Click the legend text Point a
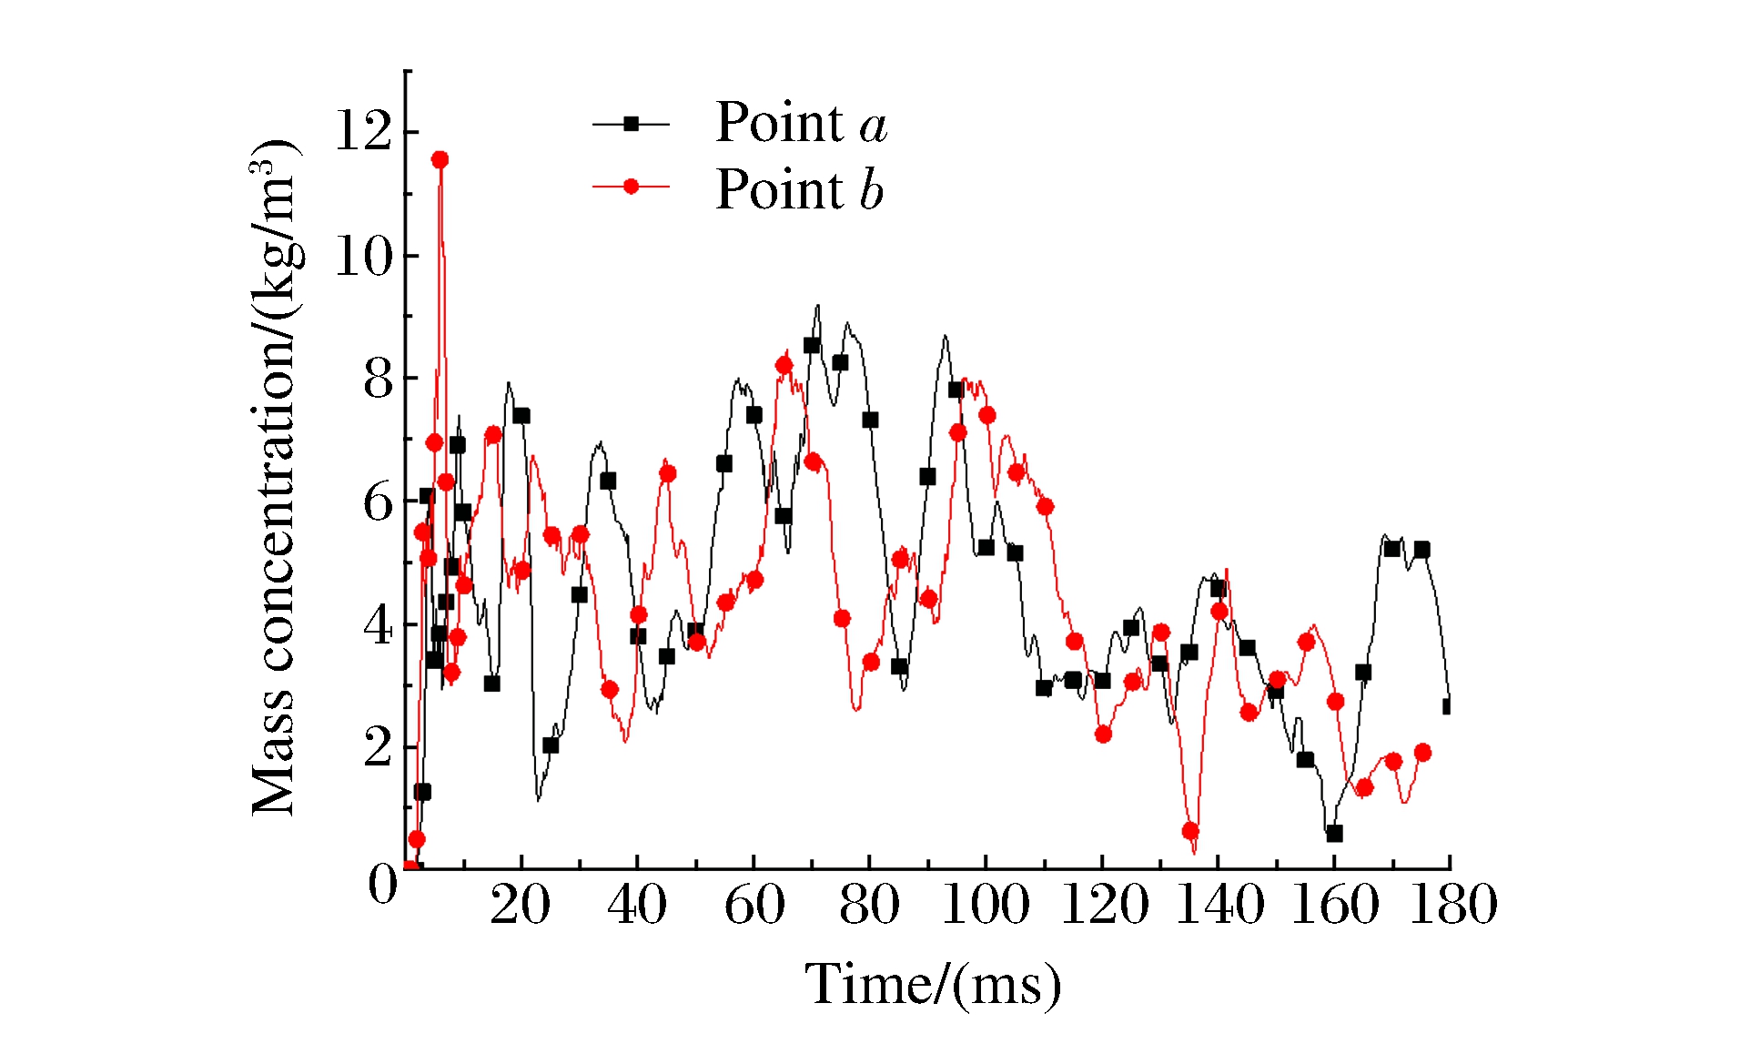tap(801, 123)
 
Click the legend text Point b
tap(799, 190)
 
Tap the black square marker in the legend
tap(631, 124)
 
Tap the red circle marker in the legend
tap(631, 187)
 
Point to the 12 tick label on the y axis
tap(363, 130)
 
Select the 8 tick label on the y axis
tap(378, 380)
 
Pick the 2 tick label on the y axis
tap(378, 749)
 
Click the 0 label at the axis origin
tap(383, 884)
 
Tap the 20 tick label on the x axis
tap(520, 906)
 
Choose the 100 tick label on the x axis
tap(985, 906)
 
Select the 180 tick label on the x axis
tap(1452, 906)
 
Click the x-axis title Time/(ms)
tap(933, 985)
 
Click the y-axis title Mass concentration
tap(274, 478)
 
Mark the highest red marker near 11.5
tap(440, 159)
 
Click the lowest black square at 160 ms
tap(1334, 833)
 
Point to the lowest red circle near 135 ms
tap(1190, 831)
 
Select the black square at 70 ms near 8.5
tap(812, 345)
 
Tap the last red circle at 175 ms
tap(1422, 753)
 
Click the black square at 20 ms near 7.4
tap(521, 416)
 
